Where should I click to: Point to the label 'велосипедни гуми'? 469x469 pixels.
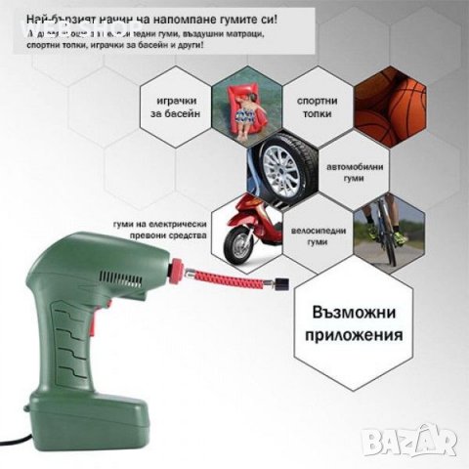tap(314, 231)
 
